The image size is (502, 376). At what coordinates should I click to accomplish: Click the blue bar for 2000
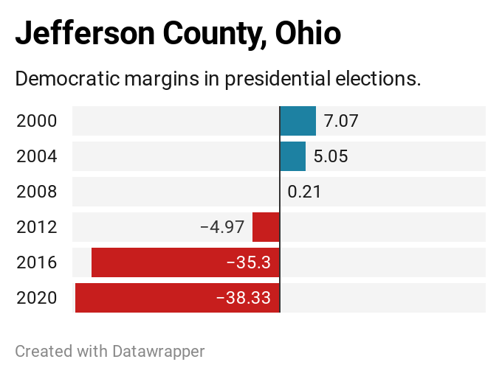click(298, 121)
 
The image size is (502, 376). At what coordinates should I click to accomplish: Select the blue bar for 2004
click(292, 156)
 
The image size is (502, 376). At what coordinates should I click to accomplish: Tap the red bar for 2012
click(266, 227)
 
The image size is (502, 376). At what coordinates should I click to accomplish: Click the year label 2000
click(37, 121)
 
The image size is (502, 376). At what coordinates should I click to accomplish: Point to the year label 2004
click(37, 156)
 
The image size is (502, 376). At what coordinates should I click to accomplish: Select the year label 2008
click(37, 192)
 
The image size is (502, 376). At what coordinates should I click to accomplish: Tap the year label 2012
click(37, 227)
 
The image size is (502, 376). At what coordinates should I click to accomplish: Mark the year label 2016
click(37, 262)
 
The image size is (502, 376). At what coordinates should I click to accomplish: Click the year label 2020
click(37, 298)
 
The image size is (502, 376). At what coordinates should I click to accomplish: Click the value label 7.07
click(341, 121)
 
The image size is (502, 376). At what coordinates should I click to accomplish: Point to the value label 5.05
click(331, 156)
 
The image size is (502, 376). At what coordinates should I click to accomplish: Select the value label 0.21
click(304, 192)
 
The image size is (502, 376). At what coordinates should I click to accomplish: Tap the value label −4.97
click(222, 227)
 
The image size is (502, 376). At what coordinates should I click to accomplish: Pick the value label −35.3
click(248, 262)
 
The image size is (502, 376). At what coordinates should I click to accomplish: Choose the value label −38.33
click(243, 298)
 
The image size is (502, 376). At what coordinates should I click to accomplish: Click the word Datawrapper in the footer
click(158, 351)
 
